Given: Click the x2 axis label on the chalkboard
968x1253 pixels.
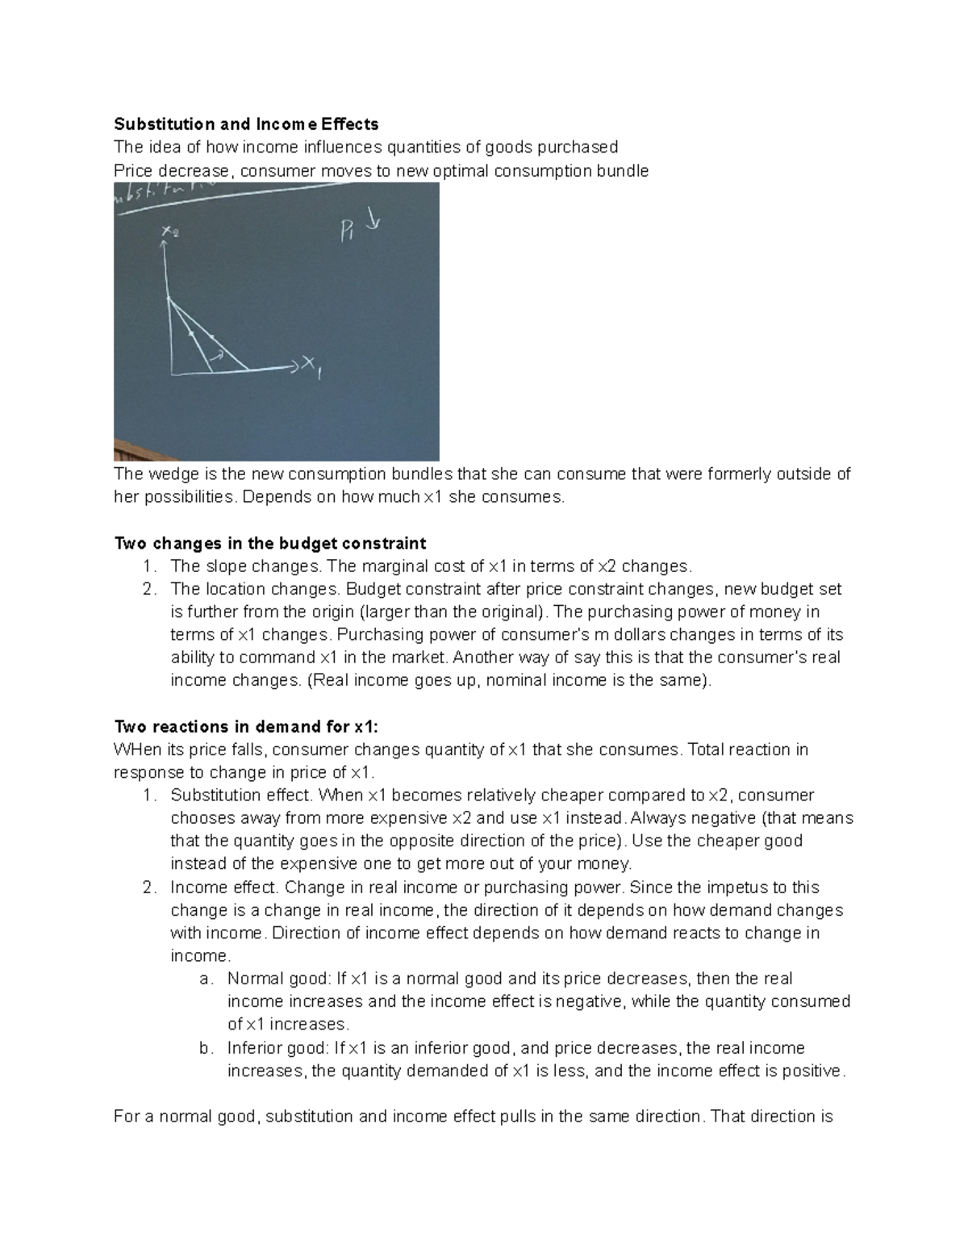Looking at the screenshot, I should click(x=170, y=232).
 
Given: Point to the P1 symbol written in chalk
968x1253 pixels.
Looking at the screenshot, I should click(x=348, y=232).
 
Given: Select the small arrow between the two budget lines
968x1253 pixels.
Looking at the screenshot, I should click(x=217, y=353).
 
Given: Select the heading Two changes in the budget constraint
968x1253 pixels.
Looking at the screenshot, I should click(x=270, y=543).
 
